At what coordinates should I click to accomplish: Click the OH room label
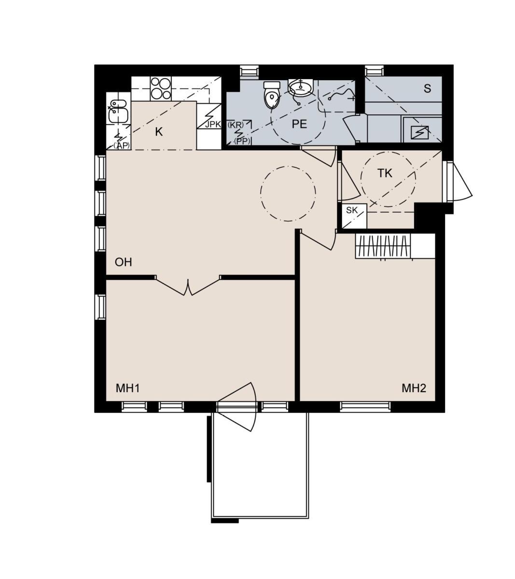pyautogui.click(x=123, y=262)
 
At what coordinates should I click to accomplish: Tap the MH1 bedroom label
pyautogui.click(x=128, y=388)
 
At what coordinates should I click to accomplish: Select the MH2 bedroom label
pyautogui.click(x=414, y=388)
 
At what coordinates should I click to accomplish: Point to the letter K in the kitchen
pyautogui.click(x=159, y=132)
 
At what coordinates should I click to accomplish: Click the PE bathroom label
pyautogui.click(x=299, y=124)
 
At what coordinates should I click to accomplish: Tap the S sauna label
pyautogui.click(x=427, y=89)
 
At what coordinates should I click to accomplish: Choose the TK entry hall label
pyautogui.click(x=385, y=173)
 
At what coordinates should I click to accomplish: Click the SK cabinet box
pyautogui.click(x=354, y=216)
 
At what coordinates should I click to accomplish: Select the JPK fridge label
pyautogui.click(x=213, y=124)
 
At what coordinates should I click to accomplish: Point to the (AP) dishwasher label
pyautogui.click(x=122, y=145)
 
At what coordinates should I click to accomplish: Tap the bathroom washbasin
pyautogui.click(x=301, y=87)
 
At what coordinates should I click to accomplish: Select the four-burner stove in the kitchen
pyautogui.click(x=161, y=88)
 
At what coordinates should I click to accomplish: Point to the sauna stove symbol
pyautogui.click(x=419, y=132)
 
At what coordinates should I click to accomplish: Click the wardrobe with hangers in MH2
pyautogui.click(x=383, y=246)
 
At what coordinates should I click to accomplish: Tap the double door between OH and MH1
pyautogui.click(x=188, y=286)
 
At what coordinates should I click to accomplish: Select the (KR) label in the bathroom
pyautogui.click(x=236, y=124)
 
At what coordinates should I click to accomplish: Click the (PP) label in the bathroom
pyautogui.click(x=242, y=141)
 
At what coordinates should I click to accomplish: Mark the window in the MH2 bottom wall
pyautogui.click(x=365, y=406)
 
